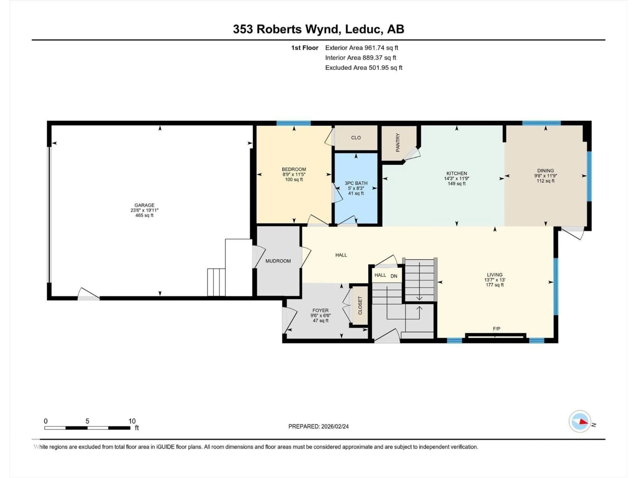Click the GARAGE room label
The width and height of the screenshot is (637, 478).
point(144,205)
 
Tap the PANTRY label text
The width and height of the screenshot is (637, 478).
point(398,142)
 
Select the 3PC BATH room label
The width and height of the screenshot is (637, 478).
point(356,183)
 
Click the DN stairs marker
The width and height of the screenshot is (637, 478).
point(394,276)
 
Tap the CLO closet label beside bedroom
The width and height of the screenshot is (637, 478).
point(356,138)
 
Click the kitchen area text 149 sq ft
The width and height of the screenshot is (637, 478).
point(457,184)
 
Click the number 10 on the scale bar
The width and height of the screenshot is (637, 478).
point(132,421)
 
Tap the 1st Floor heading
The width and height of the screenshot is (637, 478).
point(304,48)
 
